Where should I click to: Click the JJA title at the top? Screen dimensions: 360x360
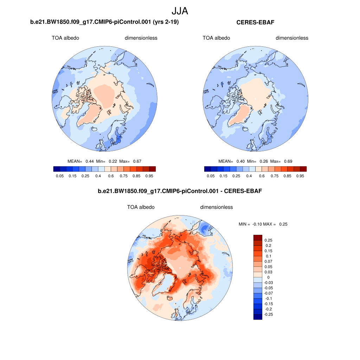[x=180, y=11]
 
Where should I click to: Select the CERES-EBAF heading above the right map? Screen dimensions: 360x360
[x=255, y=22]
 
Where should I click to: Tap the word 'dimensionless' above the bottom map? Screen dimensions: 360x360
[x=217, y=207]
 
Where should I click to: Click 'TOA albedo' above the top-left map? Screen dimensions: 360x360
[x=65, y=38]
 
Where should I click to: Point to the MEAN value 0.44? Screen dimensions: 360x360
[x=90, y=161]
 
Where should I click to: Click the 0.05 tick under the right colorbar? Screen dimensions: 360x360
[x=211, y=176]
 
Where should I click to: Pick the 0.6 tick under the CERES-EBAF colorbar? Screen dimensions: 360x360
[x=262, y=176]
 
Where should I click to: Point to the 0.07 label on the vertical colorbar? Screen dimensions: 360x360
[x=268, y=262]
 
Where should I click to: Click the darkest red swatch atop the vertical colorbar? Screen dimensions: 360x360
[x=258, y=238]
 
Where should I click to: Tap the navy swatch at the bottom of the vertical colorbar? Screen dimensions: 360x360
[x=258, y=317]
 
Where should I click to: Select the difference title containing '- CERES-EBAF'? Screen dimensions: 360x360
[x=180, y=191]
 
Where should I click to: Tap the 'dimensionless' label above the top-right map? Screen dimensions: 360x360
[x=292, y=38]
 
